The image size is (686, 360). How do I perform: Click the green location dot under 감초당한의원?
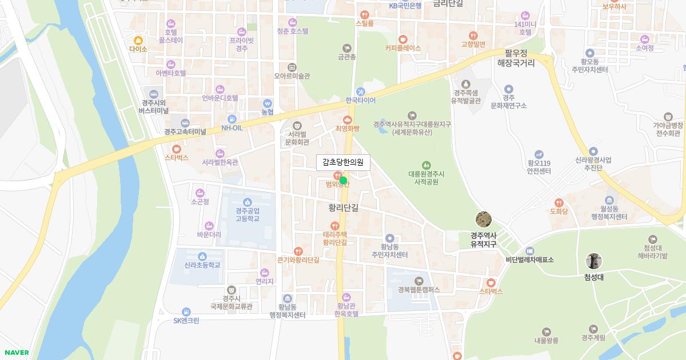click(343, 181)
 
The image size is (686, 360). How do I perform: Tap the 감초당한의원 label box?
click(343, 162)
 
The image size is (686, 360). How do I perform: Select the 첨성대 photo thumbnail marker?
click(594, 262)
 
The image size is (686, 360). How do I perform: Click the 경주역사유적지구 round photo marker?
click(484, 219)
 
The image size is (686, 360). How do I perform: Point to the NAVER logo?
click(15, 353)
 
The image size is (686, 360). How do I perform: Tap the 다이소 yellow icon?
click(138, 41)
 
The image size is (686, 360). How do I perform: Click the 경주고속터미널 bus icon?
click(185, 123)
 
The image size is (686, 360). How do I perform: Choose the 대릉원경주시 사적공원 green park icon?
click(426, 165)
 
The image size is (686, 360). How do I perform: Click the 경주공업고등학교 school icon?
click(248, 202)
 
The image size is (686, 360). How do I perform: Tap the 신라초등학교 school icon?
click(202, 257)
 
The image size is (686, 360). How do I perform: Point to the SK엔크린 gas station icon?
click(186, 312)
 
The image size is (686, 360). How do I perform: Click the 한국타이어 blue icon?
click(360, 91)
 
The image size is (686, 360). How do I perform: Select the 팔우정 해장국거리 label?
click(516, 58)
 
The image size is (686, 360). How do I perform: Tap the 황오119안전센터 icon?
click(539, 154)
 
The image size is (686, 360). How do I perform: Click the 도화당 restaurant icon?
click(559, 202)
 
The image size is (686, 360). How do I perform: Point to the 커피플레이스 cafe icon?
click(403, 39)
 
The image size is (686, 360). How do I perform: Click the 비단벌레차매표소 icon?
click(529, 251)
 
